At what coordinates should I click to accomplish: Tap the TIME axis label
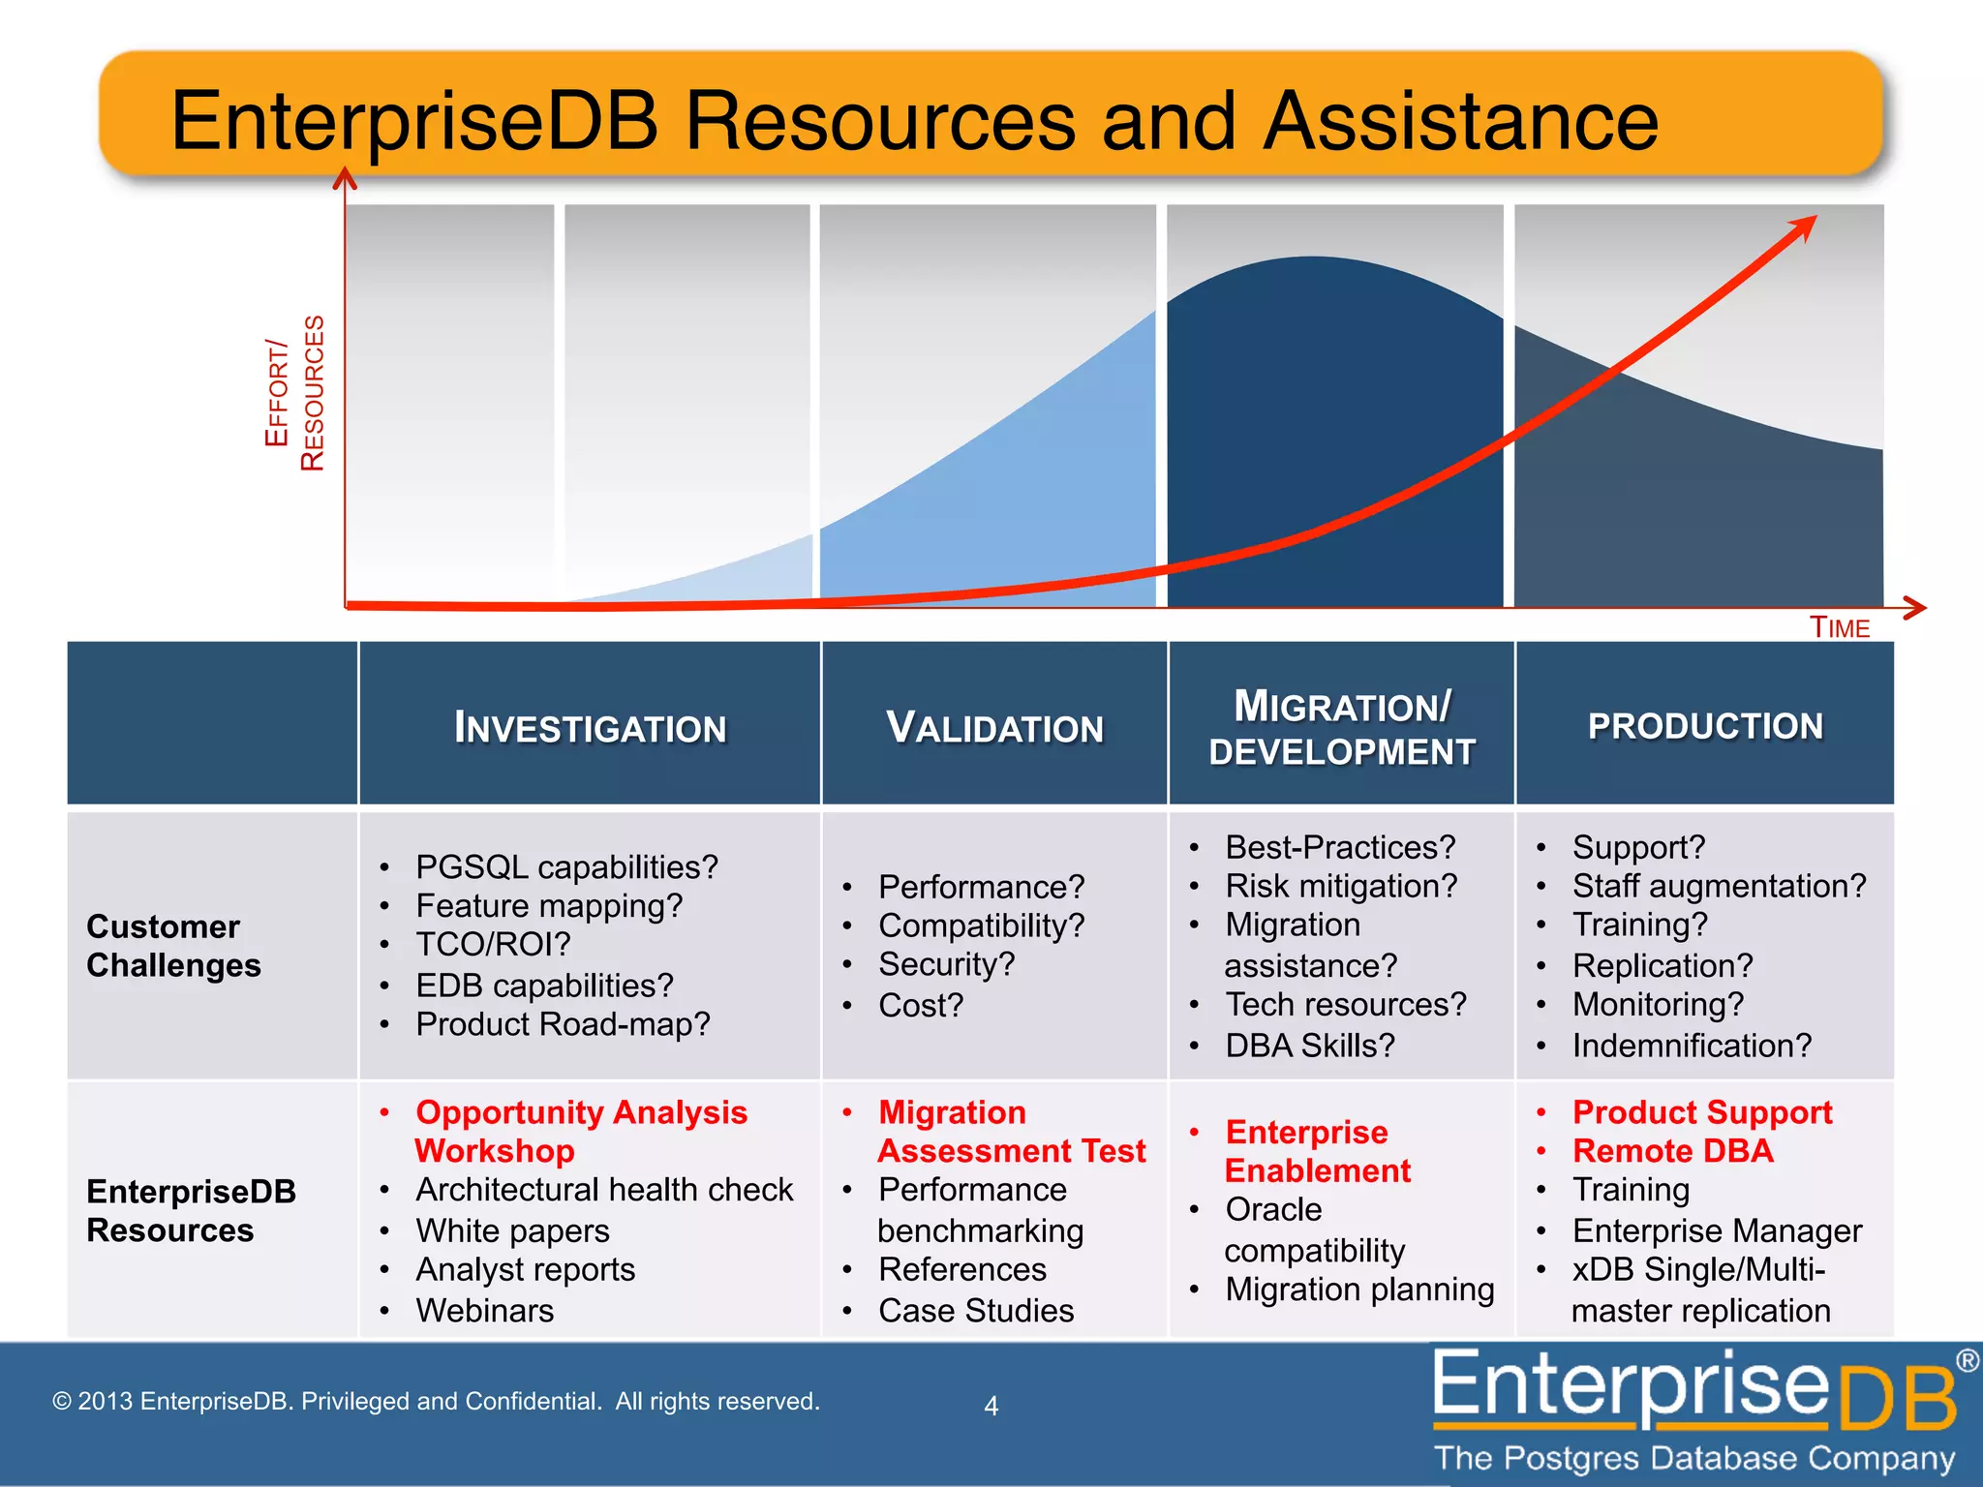tap(1840, 628)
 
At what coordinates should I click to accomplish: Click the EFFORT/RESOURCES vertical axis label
tap(294, 393)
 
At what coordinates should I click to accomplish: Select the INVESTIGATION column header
tap(590, 727)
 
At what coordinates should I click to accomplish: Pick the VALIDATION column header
tap(994, 727)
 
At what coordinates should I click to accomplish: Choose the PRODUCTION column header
tap(1705, 726)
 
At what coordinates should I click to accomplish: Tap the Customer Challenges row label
tap(173, 946)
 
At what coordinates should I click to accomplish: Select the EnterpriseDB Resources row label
tap(191, 1210)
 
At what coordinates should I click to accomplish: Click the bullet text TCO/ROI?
tap(493, 944)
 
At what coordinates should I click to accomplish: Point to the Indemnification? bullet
tap(1691, 1046)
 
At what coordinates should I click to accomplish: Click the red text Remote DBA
tap(1672, 1151)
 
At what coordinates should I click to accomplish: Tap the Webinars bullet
tap(484, 1310)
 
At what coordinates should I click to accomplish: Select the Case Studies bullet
tap(975, 1310)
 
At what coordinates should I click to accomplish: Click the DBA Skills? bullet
tap(1309, 1046)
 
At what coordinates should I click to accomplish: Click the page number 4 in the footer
tap(991, 1406)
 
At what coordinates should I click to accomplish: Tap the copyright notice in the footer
tap(436, 1401)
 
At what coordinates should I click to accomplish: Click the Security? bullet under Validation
tap(946, 964)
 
